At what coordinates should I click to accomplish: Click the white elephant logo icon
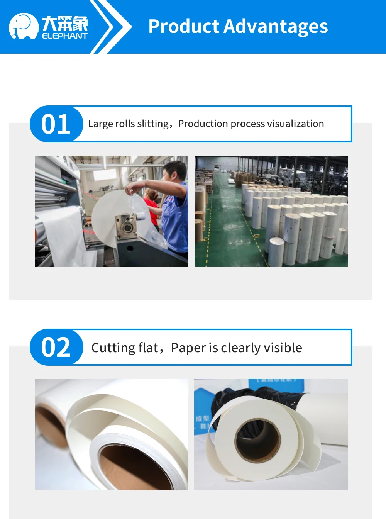point(24,26)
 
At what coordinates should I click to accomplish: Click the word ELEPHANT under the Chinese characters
point(64,36)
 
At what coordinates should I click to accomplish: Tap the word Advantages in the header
point(276,27)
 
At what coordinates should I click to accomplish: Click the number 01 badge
point(56,124)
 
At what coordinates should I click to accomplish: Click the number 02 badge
point(56,347)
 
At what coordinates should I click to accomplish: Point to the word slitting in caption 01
point(153,124)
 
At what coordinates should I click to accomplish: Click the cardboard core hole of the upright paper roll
point(257,440)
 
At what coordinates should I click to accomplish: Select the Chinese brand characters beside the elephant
point(64,24)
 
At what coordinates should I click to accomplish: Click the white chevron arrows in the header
point(110,27)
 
